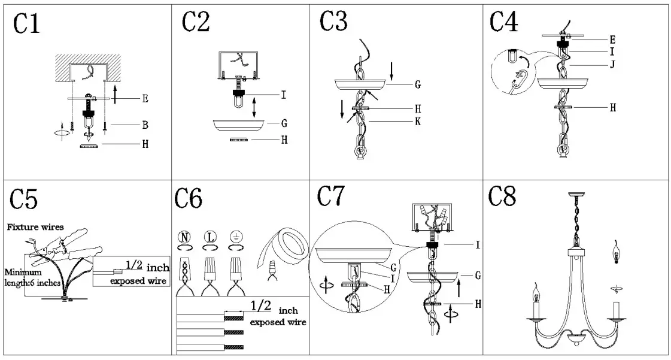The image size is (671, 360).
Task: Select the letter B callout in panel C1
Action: (145, 125)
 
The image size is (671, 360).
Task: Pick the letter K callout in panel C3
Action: (417, 122)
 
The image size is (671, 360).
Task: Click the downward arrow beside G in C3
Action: (391, 71)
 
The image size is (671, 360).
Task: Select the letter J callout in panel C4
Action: (612, 65)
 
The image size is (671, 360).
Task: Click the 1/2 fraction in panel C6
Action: (260, 307)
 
